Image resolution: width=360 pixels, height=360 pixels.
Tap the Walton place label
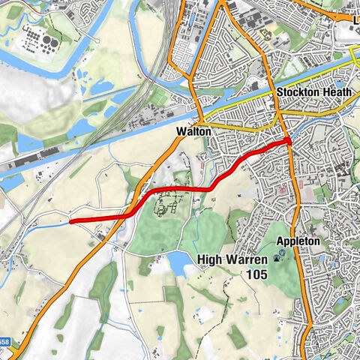click(x=190, y=130)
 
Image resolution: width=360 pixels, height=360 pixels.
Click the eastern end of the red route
click(x=289, y=140)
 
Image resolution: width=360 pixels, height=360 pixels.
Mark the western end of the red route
click(x=70, y=221)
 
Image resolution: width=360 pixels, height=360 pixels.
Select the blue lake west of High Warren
click(x=179, y=262)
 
